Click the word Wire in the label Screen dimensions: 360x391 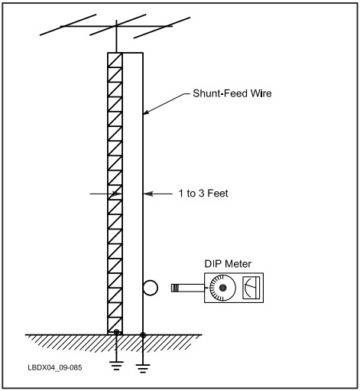point(261,93)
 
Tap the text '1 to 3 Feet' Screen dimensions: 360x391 point(203,194)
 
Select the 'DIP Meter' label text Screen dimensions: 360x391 point(228,264)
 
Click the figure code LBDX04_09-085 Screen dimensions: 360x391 point(55,367)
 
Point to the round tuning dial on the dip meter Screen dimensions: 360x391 point(222,288)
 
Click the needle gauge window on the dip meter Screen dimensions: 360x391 point(251,288)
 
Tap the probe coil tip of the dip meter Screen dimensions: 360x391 point(175,288)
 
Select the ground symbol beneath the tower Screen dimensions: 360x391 point(116,365)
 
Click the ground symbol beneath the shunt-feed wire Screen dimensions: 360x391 point(143,368)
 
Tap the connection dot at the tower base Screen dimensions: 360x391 point(116,332)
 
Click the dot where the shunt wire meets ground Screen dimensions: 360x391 point(143,335)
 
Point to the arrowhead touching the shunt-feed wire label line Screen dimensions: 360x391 point(147,112)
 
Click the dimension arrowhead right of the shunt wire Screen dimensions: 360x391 point(148,194)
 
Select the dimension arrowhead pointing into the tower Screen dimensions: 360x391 point(118,194)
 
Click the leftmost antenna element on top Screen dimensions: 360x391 point(68,24)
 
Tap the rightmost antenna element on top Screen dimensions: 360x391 point(162,28)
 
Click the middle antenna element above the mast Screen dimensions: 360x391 point(118,24)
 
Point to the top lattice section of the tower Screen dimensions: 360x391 point(115,60)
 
